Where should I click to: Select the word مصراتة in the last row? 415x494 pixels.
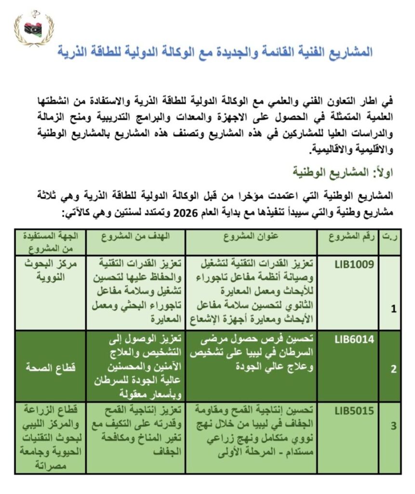point(52,466)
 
